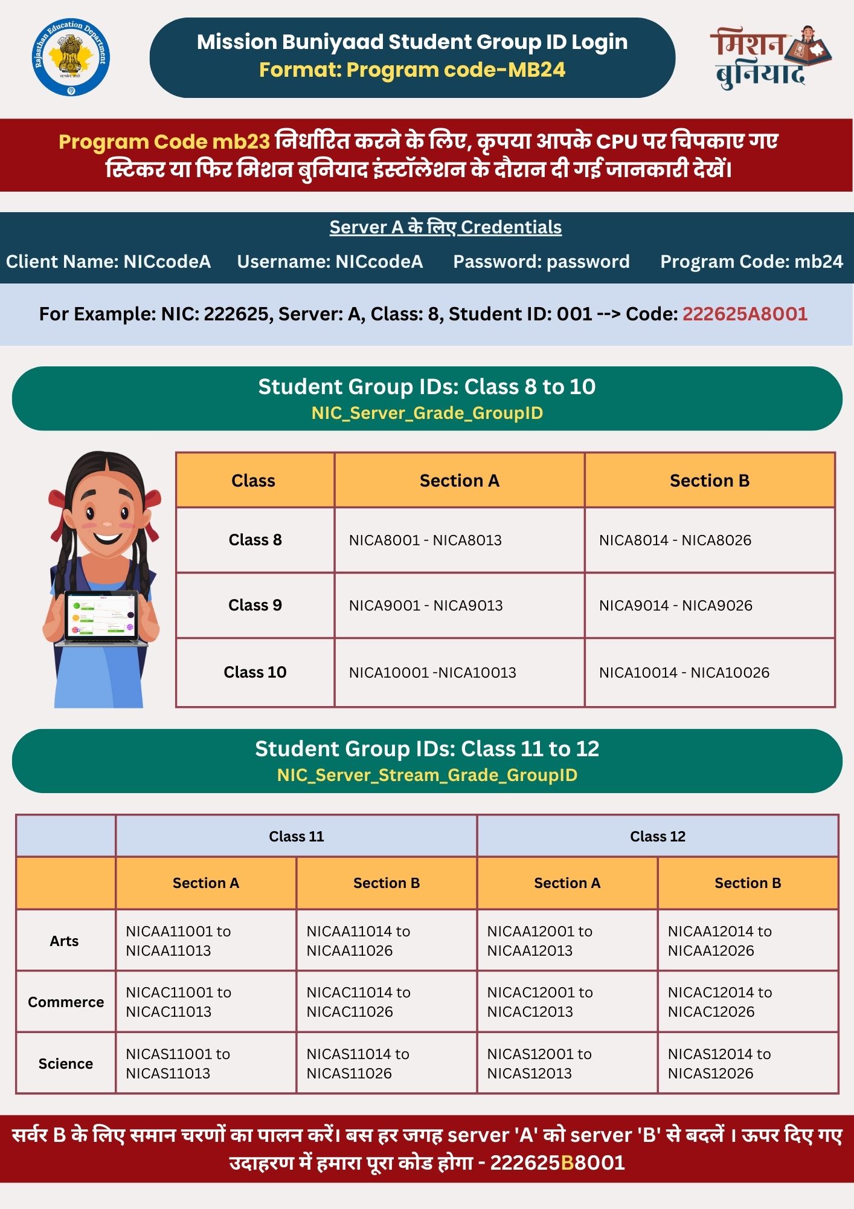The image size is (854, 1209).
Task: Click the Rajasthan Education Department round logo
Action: (x=71, y=57)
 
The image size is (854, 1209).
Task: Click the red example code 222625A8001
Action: (x=745, y=314)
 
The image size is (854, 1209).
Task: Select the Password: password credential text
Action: (x=541, y=261)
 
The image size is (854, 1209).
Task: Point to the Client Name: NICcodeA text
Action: (x=108, y=261)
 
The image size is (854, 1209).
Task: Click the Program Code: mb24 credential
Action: (x=751, y=261)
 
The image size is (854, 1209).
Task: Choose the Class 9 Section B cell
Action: (x=710, y=605)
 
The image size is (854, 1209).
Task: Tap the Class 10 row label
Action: (x=255, y=672)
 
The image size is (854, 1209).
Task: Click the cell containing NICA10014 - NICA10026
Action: (x=710, y=672)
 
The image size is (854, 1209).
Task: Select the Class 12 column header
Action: (x=658, y=836)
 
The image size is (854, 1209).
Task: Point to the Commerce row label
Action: (x=66, y=1002)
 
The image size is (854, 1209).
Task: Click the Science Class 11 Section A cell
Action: (x=205, y=1063)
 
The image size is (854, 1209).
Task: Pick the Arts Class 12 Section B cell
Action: (x=748, y=941)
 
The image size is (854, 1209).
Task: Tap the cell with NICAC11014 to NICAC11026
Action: (x=386, y=1002)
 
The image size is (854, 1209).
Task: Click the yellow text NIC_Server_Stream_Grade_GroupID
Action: (x=427, y=775)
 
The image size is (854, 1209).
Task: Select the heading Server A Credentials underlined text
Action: (x=445, y=227)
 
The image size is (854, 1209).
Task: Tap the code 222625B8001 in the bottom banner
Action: (x=557, y=1162)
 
